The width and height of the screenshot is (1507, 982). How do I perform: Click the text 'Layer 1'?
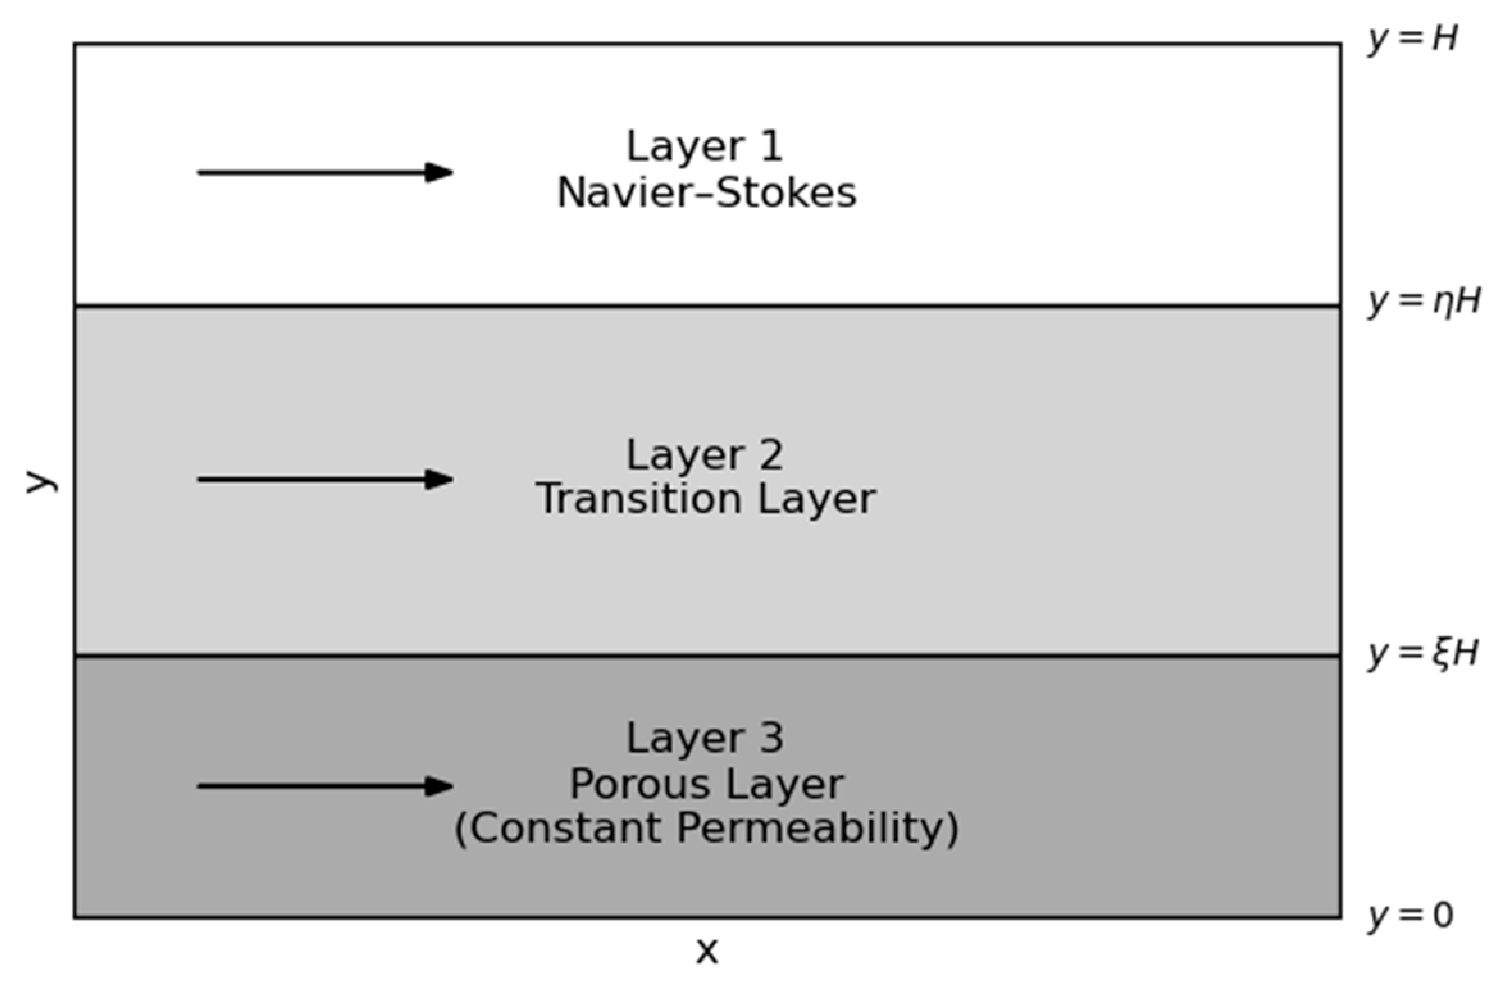pyautogui.click(x=705, y=147)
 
